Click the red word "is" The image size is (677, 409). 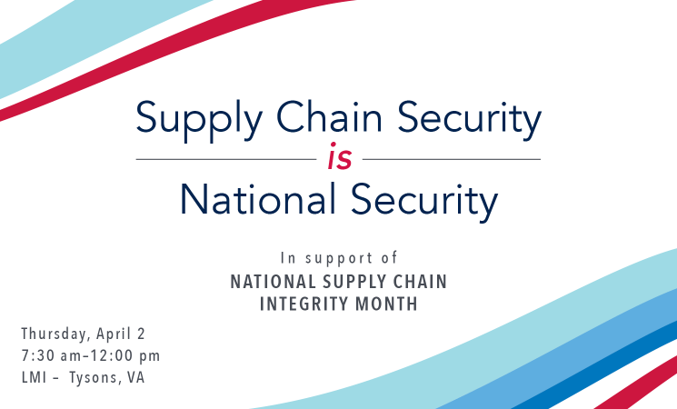340,156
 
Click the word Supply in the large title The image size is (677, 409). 199,120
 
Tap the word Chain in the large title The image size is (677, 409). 329,116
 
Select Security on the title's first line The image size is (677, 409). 469,120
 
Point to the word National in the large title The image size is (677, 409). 258,199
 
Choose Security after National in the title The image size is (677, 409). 424,202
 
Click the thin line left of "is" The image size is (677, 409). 226,159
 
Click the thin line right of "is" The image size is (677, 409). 452,159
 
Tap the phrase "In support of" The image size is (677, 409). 339,258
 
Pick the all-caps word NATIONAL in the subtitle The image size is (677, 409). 274,282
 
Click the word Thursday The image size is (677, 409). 56,334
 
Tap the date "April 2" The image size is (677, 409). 121,334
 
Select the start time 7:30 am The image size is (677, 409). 51,356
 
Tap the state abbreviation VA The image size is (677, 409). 135,377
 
